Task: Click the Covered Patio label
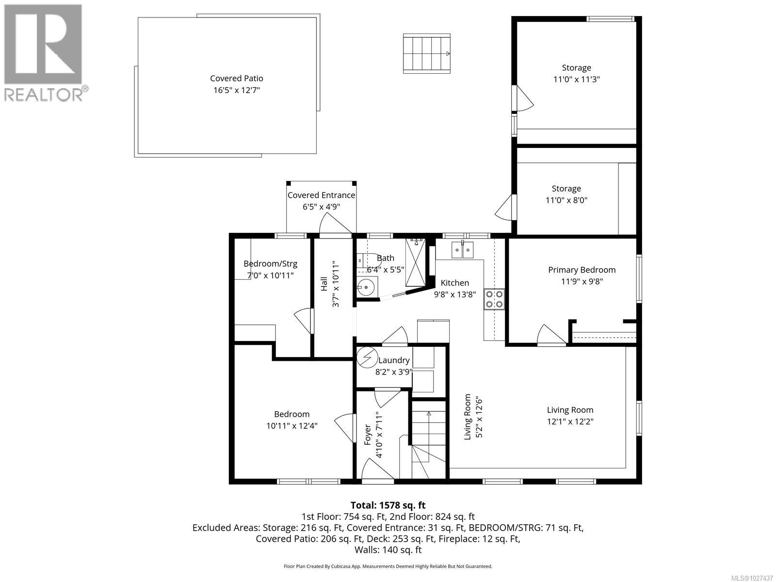237,78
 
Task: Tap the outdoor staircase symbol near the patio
426,53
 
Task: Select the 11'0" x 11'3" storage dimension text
576,80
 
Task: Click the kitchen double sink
462,250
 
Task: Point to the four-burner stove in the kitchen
494,299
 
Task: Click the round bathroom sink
367,288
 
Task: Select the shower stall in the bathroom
415,262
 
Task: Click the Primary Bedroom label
582,270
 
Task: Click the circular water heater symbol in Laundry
367,358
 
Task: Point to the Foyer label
367,435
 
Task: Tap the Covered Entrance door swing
335,225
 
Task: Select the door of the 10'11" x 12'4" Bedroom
344,427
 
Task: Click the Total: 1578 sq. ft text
388,505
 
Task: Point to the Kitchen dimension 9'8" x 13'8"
454,294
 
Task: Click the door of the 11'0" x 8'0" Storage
505,208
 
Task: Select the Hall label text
324,284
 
